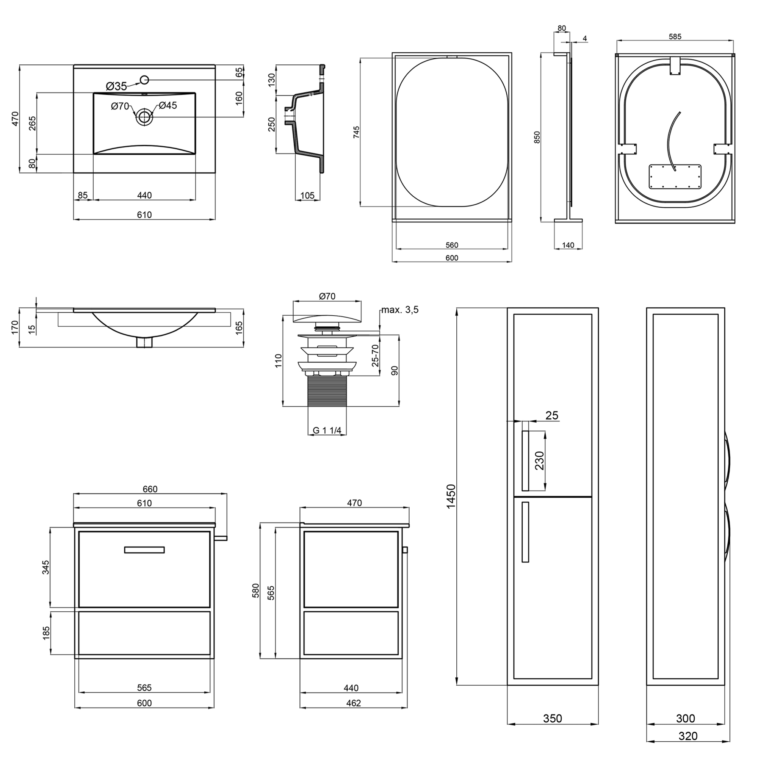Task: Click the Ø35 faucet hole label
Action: pyautogui.click(x=116, y=86)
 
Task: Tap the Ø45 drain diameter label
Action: pyautogui.click(x=168, y=105)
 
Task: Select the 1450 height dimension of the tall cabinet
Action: pyautogui.click(x=451, y=496)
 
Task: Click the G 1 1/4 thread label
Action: pyautogui.click(x=327, y=431)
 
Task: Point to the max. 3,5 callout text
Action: pyautogui.click(x=400, y=310)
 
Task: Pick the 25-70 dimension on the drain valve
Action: pyautogui.click(x=376, y=355)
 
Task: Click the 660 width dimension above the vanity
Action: pyautogui.click(x=150, y=489)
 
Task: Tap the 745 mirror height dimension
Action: pyautogui.click(x=356, y=132)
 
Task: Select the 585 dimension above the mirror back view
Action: pyautogui.click(x=675, y=36)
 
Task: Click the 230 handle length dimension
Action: pyautogui.click(x=540, y=460)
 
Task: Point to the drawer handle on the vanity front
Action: pyautogui.click(x=144, y=550)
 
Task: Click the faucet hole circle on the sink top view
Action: pyautogui.click(x=144, y=80)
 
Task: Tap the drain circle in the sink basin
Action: pyautogui.click(x=144, y=116)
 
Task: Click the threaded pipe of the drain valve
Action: pyautogui.click(x=327, y=391)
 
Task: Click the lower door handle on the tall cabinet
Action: pyautogui.click(x=525, y=532)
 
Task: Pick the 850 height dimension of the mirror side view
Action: pyautogui.click(x=537, y=137)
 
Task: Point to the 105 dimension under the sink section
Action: pyautogui.click(x=307, y=196)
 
